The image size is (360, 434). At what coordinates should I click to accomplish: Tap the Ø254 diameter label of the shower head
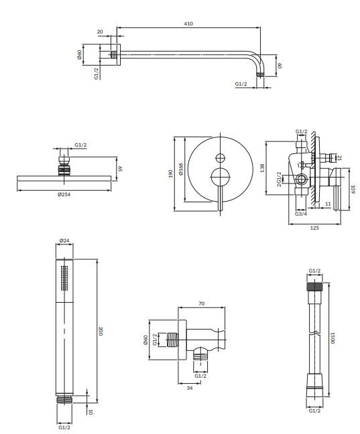65,194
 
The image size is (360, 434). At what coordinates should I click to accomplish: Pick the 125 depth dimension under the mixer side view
314,228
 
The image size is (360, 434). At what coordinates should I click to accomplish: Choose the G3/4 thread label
300,214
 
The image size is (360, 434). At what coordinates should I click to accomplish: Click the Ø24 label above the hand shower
65,240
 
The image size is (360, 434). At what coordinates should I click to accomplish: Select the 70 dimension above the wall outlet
202,303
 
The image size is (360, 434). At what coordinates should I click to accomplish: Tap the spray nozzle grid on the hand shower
64,277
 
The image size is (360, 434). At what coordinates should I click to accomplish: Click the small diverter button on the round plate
218,158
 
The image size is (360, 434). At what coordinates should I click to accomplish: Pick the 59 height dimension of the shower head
121,169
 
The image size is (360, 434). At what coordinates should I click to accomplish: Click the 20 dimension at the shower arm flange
100,31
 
